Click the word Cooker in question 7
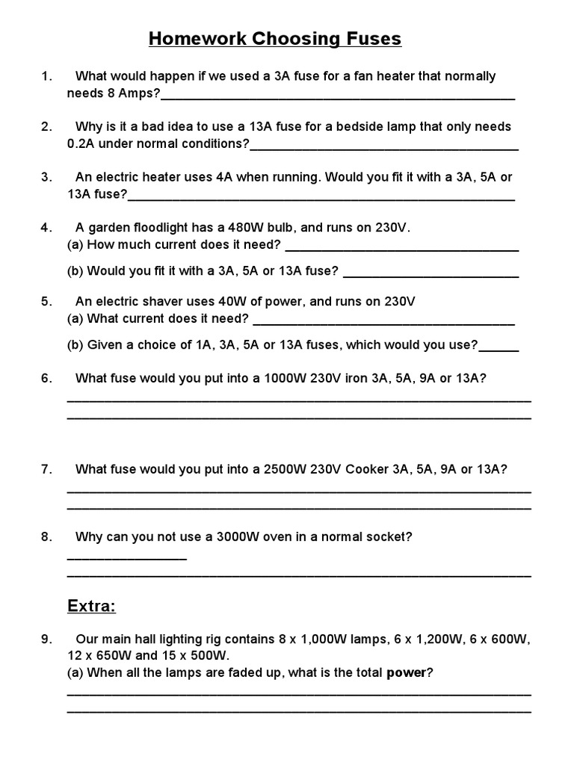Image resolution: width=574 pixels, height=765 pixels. [368, 469]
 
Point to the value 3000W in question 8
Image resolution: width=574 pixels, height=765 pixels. [237, 536]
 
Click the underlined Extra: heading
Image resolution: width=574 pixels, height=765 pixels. [91, 605]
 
